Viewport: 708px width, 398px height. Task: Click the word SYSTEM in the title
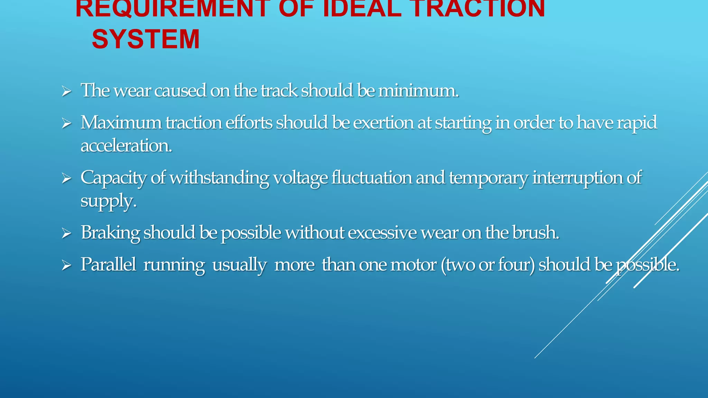(146, 39)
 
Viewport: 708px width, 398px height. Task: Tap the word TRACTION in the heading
(478, 8)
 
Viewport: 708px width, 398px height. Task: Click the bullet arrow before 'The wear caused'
(66, 92)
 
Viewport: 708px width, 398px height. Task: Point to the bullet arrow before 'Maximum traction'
(66, 123)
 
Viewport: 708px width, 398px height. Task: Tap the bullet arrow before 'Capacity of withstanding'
(66, 178)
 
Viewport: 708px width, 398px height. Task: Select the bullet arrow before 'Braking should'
(66, 233)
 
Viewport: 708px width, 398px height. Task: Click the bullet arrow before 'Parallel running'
(66, 265)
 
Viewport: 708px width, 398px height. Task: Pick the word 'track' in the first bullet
(279, 91)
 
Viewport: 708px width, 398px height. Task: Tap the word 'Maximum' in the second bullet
(121, 123)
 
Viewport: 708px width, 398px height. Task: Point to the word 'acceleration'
(126, 145)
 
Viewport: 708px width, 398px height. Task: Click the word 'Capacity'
(114, 178)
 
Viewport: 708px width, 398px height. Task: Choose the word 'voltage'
(300, 178)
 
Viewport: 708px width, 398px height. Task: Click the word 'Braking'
(110, 233)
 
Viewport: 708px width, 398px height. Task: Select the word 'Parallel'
(108, 265)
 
